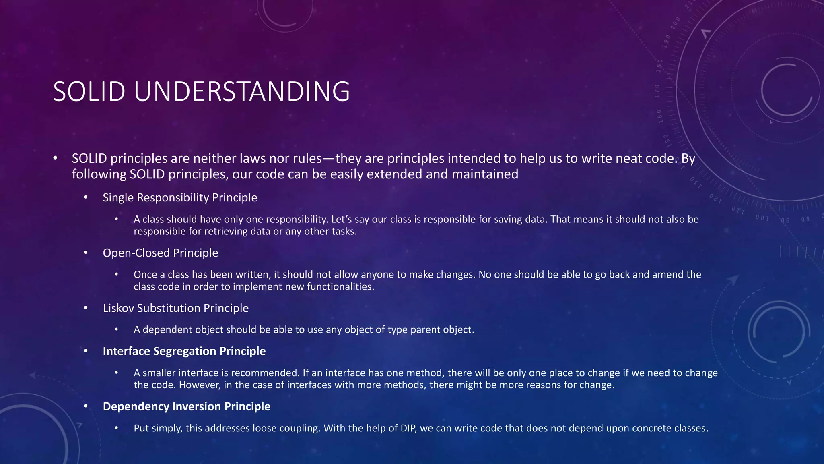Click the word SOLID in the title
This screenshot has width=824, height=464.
(89, 92)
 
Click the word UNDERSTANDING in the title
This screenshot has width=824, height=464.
(241, 92)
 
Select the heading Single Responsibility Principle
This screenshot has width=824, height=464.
(180, 197)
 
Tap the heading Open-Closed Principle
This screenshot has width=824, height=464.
(161, 253)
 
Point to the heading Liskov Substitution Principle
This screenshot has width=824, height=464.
(176, 308)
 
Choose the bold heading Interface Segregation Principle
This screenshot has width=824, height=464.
(184, 351)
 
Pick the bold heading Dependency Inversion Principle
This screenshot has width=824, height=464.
(187, 406)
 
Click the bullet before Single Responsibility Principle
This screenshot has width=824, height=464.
(86, 197)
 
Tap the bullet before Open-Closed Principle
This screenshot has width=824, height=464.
(86, 253)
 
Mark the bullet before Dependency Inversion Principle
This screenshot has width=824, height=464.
(86, 406)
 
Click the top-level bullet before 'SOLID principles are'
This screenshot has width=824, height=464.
(55, 158)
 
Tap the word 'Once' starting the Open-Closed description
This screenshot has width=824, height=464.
(145, 275)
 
